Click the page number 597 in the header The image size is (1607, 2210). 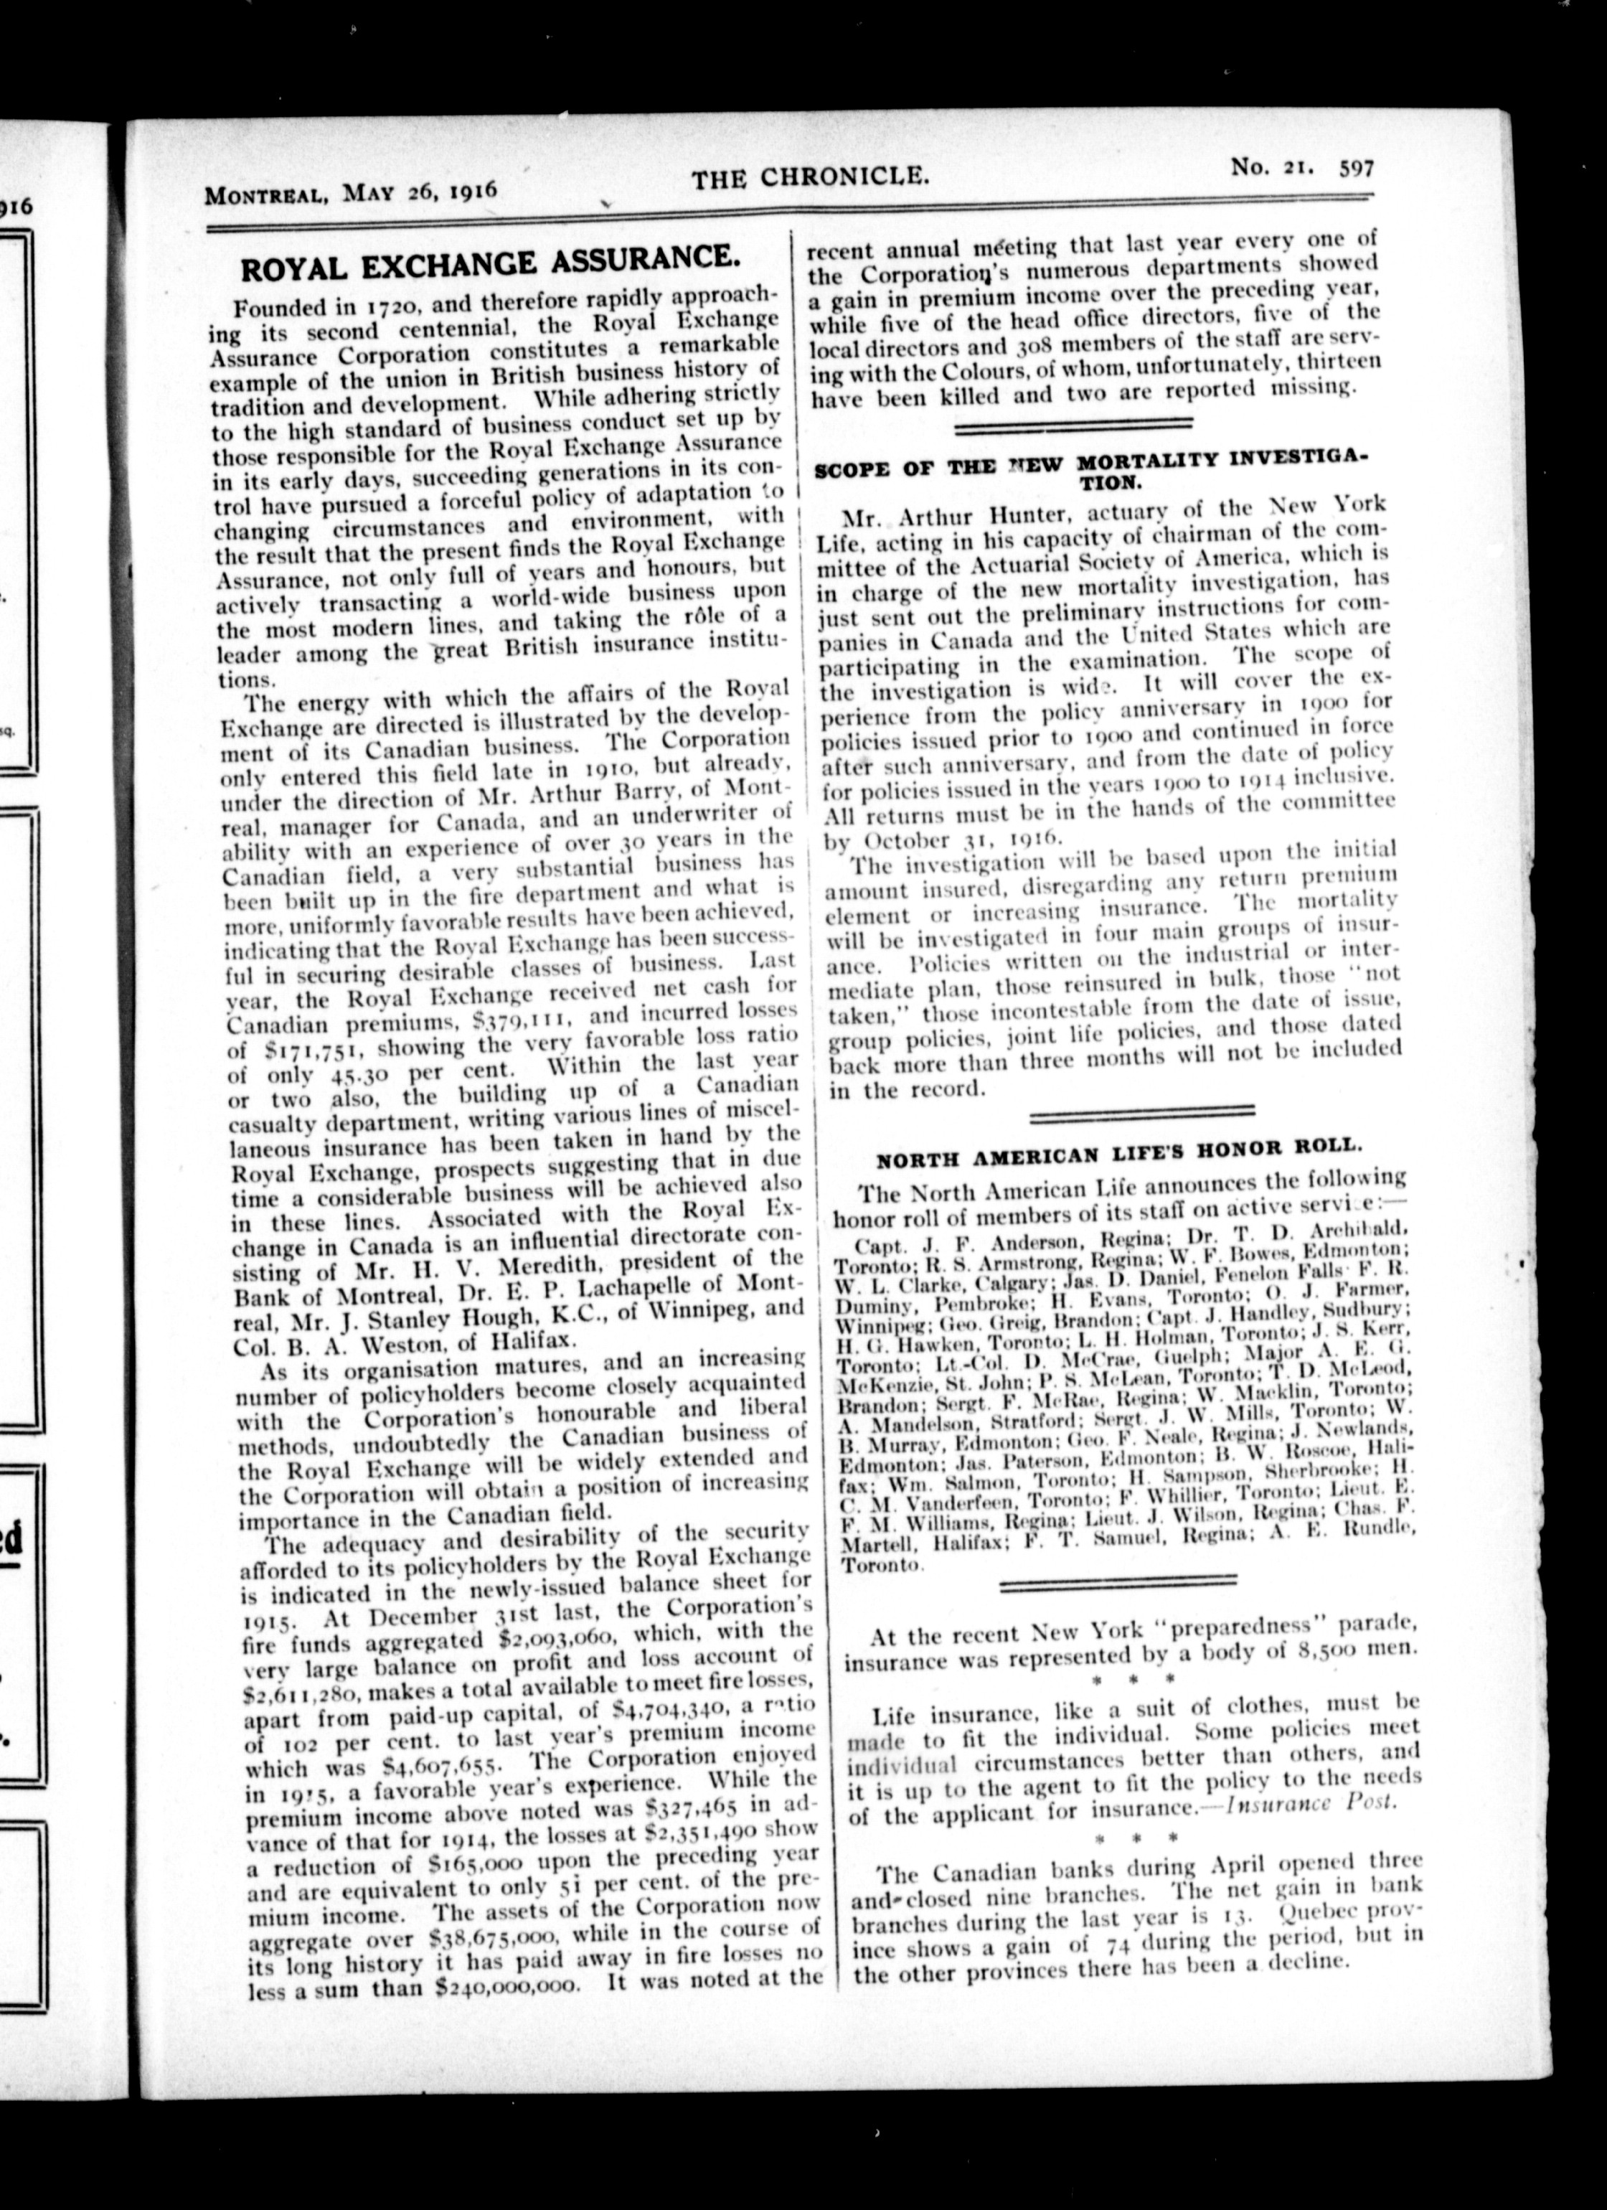[x=1357, y=169]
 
